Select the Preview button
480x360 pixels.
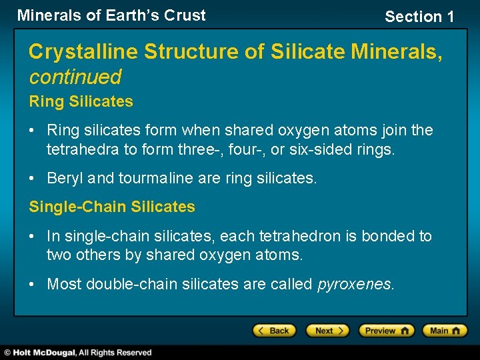[x=386, y=331]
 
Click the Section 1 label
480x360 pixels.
[x=419, y=17]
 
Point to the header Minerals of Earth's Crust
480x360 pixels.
[x=111, y=15]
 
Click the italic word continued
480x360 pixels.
[x=75, y=77]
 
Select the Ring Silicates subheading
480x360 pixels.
[x=81, y=102]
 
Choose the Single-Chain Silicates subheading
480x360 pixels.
[x=112, y=207]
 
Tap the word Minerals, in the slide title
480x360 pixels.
[x=397, y=51]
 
